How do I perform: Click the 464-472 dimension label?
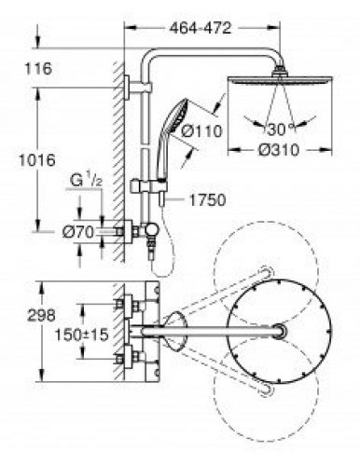[201, 28]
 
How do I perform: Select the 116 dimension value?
[38, 68]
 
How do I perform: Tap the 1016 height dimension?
[37, 160]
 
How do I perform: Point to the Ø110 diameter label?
[201, 130]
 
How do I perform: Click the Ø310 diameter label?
[279, 150]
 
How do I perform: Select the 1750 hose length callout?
[207, 200]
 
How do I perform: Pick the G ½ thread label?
[86, 181]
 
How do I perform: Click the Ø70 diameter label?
[78, 232]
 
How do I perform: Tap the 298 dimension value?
[41, 315]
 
